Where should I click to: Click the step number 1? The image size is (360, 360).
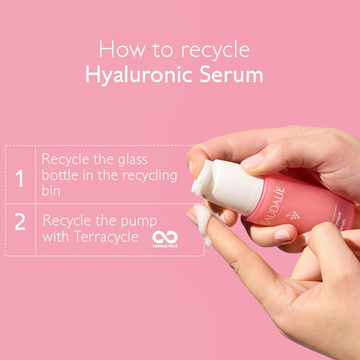pyautogui.click(x=20, y=178)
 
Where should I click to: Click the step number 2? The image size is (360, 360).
pyautogui.click(x=20, y=221)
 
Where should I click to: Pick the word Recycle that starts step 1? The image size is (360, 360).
pyautogui.click(x=66, y=161)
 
